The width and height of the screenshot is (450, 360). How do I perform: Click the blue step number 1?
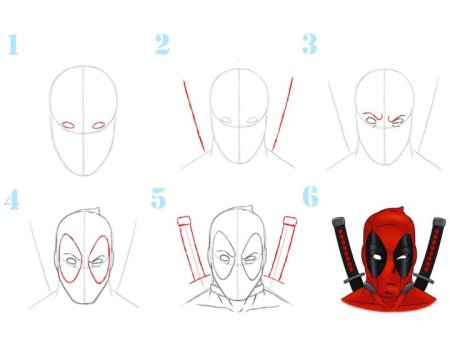pos(13,44)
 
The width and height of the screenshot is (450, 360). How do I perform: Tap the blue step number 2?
pos(162,44)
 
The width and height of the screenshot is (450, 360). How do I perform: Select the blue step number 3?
pos(309,44)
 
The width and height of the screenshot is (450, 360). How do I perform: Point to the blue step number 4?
pos(12,199)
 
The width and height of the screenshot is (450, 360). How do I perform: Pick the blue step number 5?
pos(159,198)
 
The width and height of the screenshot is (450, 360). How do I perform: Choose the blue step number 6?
pos(310,197)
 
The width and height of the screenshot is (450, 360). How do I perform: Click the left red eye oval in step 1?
pos(68,125)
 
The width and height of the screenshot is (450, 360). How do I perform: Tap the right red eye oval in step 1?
pos(99,125)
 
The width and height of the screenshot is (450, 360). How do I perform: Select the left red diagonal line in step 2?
pos(194,116)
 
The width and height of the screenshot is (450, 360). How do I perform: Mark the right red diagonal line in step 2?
pos(283,114)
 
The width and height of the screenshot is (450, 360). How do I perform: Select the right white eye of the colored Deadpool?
pos(402,258)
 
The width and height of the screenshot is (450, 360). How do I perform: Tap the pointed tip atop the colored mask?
pos(403,208)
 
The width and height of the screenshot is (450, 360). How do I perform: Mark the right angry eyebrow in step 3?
pos(397,118)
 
